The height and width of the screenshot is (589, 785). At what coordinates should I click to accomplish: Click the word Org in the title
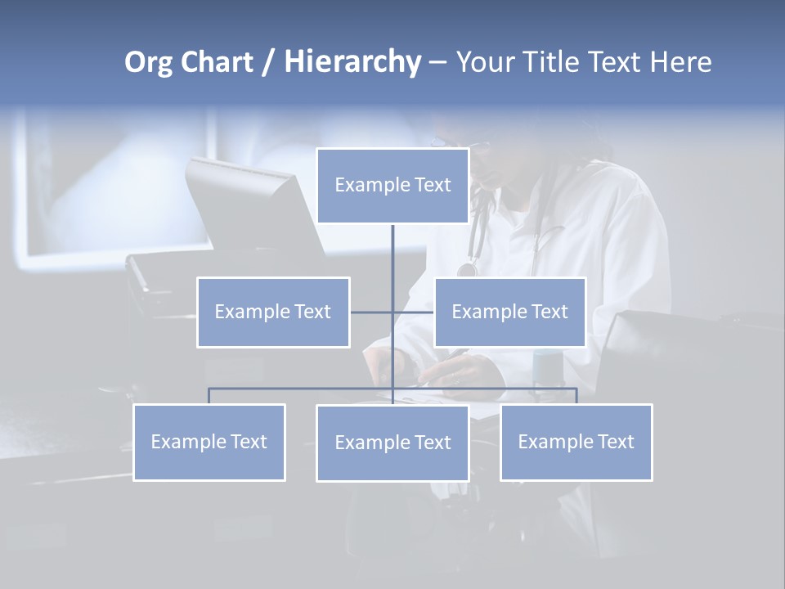(x=148, y=62)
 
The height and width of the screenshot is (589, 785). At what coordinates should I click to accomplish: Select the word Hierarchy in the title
(x=352, y=62)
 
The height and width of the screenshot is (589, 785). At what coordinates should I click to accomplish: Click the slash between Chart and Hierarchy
(x=268, y=63)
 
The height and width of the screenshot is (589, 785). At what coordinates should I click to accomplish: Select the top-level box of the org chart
(x=392, y=186)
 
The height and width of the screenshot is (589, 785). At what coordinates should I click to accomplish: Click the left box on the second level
(x=273, y=312)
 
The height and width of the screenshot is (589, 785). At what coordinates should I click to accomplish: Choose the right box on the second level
(x=509, y=312)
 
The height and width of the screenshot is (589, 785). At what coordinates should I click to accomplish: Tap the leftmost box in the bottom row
(x=209, y=443)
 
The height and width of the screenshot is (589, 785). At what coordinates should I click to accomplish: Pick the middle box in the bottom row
(x=392, y=443)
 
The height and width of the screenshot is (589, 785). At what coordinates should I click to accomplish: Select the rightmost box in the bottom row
(x=576, y=443)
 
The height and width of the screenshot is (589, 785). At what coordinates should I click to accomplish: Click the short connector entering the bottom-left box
(x=209, y=396)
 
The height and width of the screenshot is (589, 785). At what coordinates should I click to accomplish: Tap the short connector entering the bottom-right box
(x=576, y=396)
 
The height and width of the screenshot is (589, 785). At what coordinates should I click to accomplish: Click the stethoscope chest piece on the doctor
(x=467, y=269)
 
